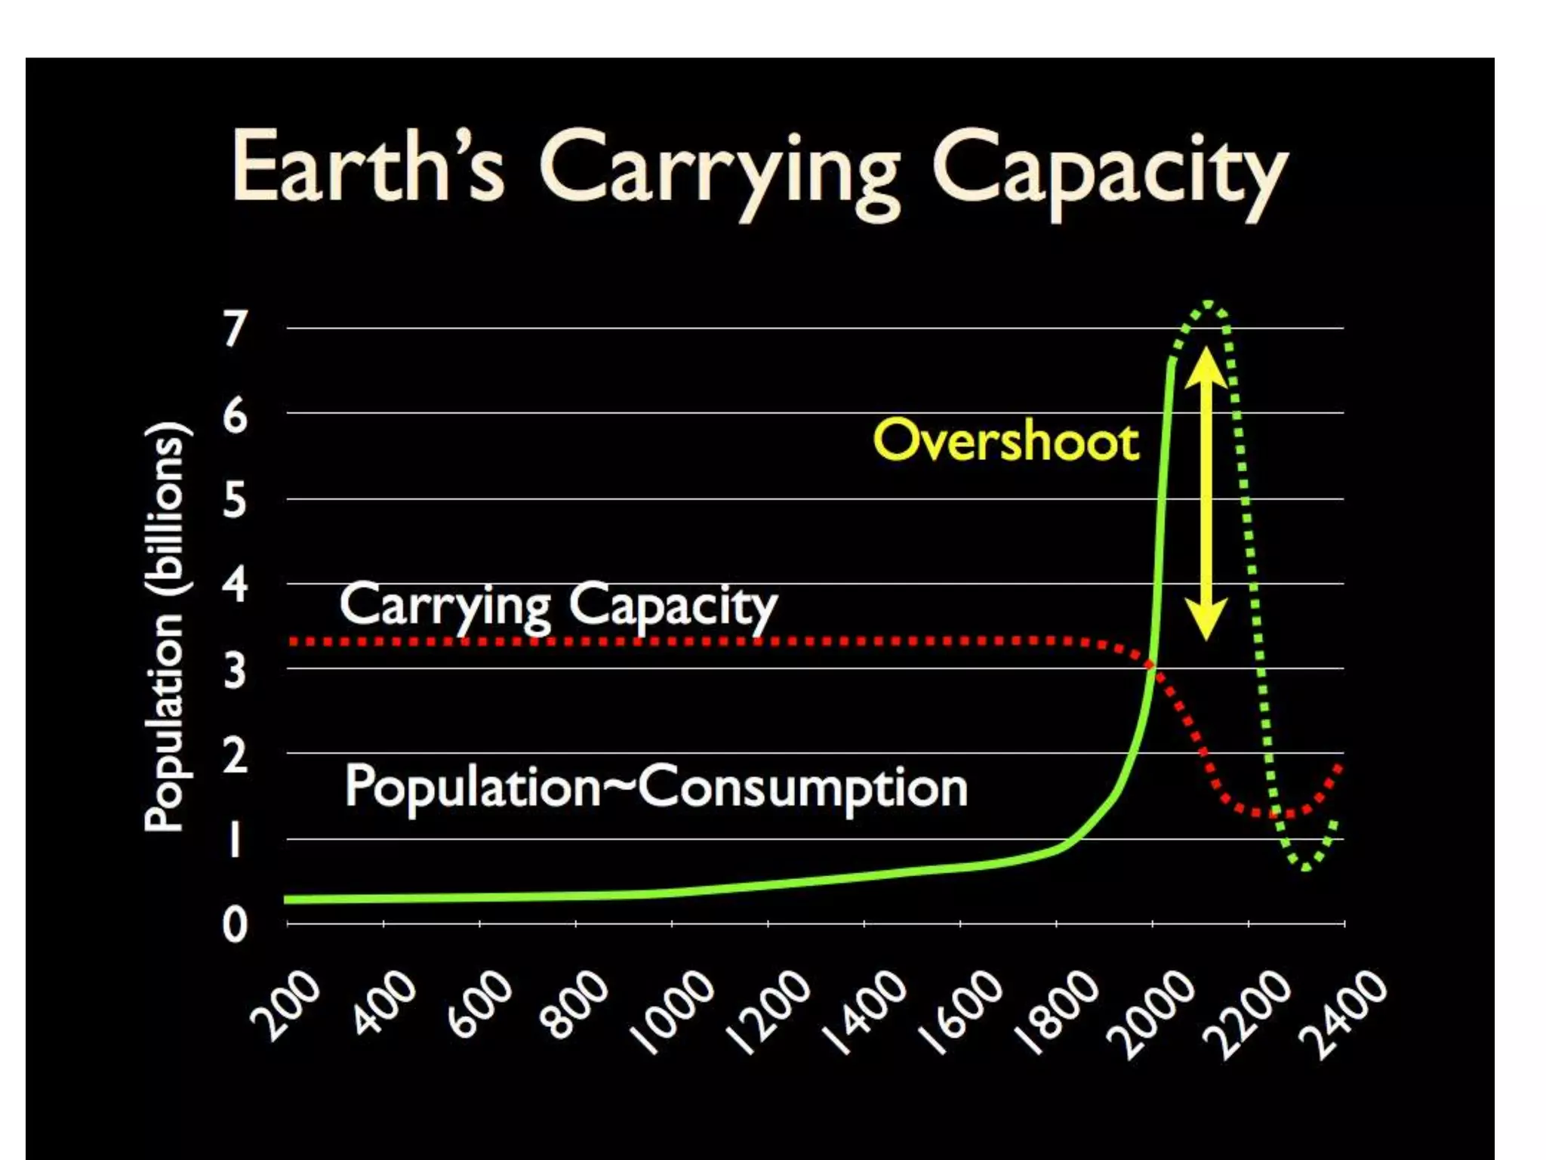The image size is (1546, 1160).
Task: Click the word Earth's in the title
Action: click(368, 168)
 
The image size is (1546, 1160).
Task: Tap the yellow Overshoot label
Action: click(1006, 441)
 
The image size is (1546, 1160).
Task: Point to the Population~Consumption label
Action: click(655, 788)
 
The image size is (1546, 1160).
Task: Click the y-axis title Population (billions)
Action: click(165, 626)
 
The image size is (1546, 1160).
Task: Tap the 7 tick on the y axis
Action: click(235, 329)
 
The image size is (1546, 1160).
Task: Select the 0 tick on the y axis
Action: click(235, 924)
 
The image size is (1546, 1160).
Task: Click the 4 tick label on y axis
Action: click(235, 585)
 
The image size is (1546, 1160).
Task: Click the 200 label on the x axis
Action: click(285, 1006)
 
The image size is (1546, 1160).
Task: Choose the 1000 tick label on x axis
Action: click(672, 1012)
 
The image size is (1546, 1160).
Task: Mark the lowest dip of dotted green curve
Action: click(1306, 868)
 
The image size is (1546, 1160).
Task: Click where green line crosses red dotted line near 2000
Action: click(1150, 665)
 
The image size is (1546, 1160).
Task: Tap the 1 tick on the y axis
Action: click(235, 840)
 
